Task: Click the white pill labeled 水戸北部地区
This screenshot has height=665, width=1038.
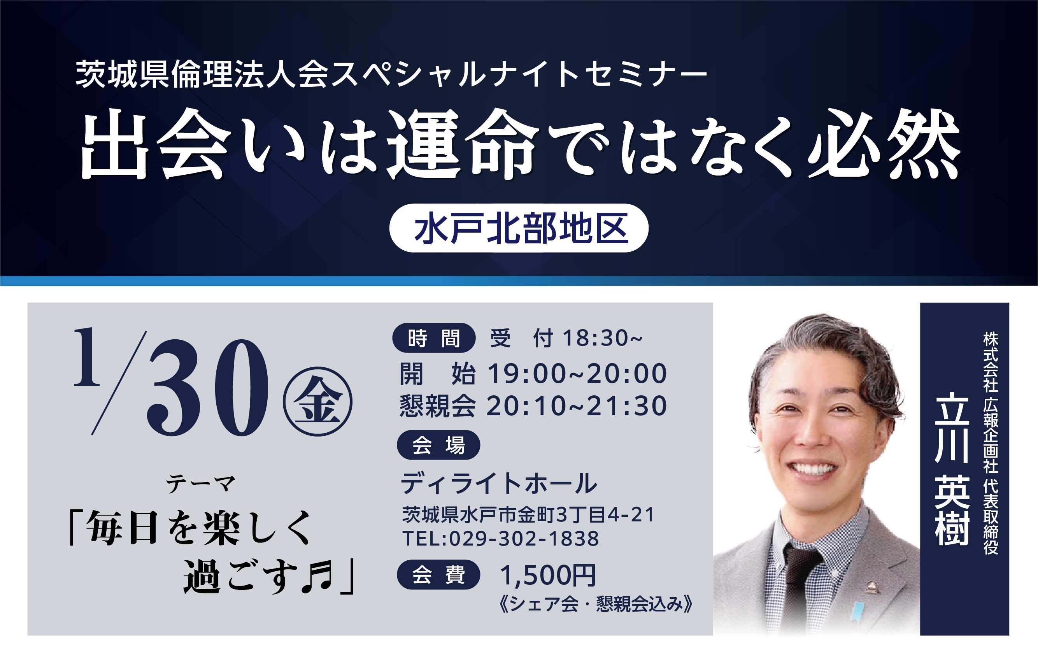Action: click(x=519, y=228)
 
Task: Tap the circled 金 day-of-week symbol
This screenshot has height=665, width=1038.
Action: click(x=318, y=402)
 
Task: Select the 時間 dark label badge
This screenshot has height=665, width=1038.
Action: click(x=433, y=338)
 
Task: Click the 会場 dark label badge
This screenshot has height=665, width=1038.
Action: click(x=438, y=445)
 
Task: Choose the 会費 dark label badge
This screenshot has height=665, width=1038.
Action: click(x=438, y=575)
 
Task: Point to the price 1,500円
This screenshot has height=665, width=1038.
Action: click(x=547, y=576)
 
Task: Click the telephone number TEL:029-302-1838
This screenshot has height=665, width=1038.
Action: click(x=501, y=539)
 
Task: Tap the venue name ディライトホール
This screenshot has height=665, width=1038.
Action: click(x=499, y=483)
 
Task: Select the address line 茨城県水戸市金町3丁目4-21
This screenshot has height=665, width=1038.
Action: click(x=528, y=514)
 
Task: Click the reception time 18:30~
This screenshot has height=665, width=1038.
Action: click(x=602, y=338)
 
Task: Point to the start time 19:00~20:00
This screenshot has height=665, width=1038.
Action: click(x=577, y=374)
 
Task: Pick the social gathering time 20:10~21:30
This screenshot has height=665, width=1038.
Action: click(x=577, y=406)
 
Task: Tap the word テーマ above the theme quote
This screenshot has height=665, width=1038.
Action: click(x=201, y=484)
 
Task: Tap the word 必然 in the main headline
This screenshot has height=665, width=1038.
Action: click(x=884, y=144)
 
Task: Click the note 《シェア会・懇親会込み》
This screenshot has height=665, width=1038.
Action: click(x=596, y=604)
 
